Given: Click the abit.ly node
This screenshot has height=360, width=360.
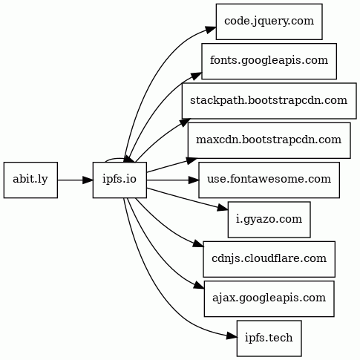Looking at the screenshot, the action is [x=30, y=180].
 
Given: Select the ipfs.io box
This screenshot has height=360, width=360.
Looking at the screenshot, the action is [x=120, y=180].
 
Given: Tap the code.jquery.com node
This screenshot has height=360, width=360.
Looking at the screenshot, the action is [x=269, y=22].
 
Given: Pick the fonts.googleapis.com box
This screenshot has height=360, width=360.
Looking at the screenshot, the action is [x=269, y=61].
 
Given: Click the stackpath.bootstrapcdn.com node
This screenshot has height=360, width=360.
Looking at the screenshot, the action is [x=269, y=101].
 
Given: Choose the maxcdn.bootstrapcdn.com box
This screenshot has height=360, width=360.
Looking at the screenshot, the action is [x=269, y=140].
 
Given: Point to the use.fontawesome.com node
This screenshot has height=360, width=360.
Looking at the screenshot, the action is [x=269, y=180].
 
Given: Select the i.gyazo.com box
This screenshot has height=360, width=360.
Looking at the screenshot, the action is [x=269, y=220].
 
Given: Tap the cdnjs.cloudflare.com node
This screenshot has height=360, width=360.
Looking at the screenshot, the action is [x=269, y=259].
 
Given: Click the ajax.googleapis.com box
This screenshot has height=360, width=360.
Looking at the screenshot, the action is [x=269, y=298].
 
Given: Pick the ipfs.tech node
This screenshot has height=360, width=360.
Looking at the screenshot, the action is [x=269, y=338].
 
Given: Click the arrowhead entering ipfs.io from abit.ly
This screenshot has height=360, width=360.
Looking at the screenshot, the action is [x=88, y=180].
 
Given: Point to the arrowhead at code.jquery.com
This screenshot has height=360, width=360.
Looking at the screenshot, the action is [x=211, y=29].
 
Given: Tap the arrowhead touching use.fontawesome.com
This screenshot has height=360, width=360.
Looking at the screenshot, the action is [x=194, y=180].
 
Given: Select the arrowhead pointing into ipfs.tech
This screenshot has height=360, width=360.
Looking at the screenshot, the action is [x=232, y=336].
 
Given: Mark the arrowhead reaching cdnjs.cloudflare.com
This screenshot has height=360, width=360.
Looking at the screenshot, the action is [x=199, y=244].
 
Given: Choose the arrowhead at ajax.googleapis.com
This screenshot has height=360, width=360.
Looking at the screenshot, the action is [x=200, y=285].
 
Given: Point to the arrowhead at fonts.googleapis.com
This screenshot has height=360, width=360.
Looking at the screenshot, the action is [x=197, y=76].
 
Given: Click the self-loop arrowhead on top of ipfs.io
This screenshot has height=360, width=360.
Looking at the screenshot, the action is [x=130, y=160].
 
